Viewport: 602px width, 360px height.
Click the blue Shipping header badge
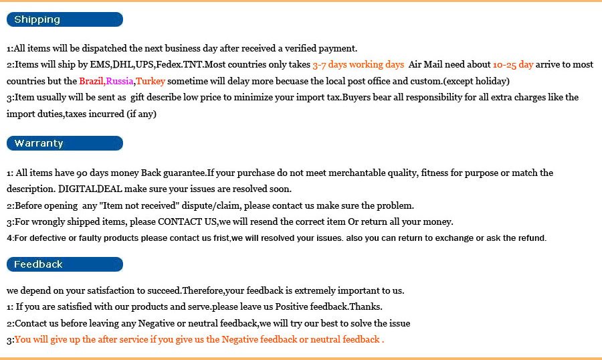click(65, 19)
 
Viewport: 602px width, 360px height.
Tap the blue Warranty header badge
click(65, 143)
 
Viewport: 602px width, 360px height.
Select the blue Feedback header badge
click(65, 264)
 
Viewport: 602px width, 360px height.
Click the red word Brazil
click(91, 81)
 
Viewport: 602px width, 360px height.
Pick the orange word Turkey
click(150, 81)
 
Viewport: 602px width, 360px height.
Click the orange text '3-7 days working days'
click(358, 65)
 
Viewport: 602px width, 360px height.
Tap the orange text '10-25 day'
click(513, 65)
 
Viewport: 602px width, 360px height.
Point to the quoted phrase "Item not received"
click(138, 205)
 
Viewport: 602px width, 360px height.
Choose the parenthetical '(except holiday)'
click(477, 81)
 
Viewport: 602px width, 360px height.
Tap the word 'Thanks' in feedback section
click(365, 307)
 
